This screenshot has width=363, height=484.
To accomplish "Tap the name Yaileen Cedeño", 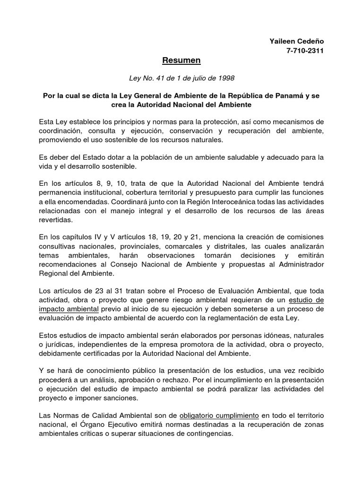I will coord(296,42).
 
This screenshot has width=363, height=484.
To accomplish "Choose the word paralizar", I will coord(246,389).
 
